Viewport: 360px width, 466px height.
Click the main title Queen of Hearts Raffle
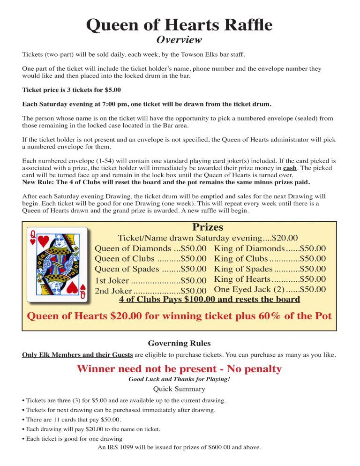pyautogui.click(x=179, y=24)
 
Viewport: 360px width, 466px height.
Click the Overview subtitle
pyautogui.click(x=179, y=40)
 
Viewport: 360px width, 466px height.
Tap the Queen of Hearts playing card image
pyautogui.click(x=57, y=264)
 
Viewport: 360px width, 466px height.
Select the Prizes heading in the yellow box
pyautogui.click(x=208, y=227)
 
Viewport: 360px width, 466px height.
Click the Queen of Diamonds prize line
pyautogui.click(x=150, y=248)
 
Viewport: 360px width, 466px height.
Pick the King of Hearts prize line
pyautogui.click(x=270, y=279)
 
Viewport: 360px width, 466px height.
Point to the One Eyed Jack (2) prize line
pyautogui.click(x=270, y=290)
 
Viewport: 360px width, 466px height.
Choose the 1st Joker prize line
pyautogui.click(x=150, y=281)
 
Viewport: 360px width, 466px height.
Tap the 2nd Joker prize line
pyautogui.click(x=150, y=291)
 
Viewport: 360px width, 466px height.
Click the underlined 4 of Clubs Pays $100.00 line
pyautogui.click(x=209, y=300)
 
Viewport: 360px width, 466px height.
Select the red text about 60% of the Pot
pyautogui.click(x=179, y=316)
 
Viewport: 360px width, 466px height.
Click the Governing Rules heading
pyautogui.click(x=179, y=343)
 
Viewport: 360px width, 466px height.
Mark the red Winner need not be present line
pyautogui.click(x=179, y=369)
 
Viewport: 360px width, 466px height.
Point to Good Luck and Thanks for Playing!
pyautogui.click(x=179, y=379)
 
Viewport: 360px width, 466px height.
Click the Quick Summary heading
pyautogui.click(x=179, y=389)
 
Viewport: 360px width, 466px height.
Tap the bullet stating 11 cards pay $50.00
pyautogui.click(x=71, y=420)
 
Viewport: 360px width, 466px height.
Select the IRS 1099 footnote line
pyautogui.click(x=179, y=447)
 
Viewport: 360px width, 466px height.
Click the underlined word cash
pyautogui.click(x=290, y=168)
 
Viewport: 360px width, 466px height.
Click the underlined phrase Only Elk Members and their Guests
pyautogui.click(x=77, y=355)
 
